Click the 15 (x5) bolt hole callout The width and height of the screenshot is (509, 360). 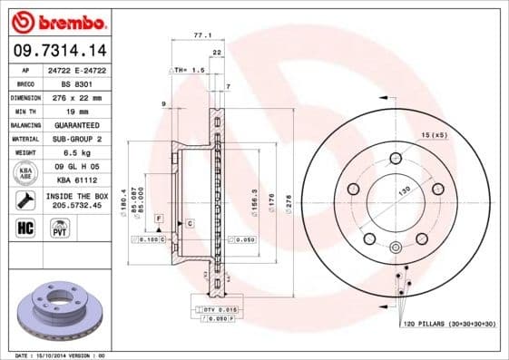pyautogui.click(x=433, y=135)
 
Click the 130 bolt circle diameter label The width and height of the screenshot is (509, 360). pyautogui.click(x=405, y=189)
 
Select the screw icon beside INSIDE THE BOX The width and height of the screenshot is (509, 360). pyautogui.click(x=26, y=199)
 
